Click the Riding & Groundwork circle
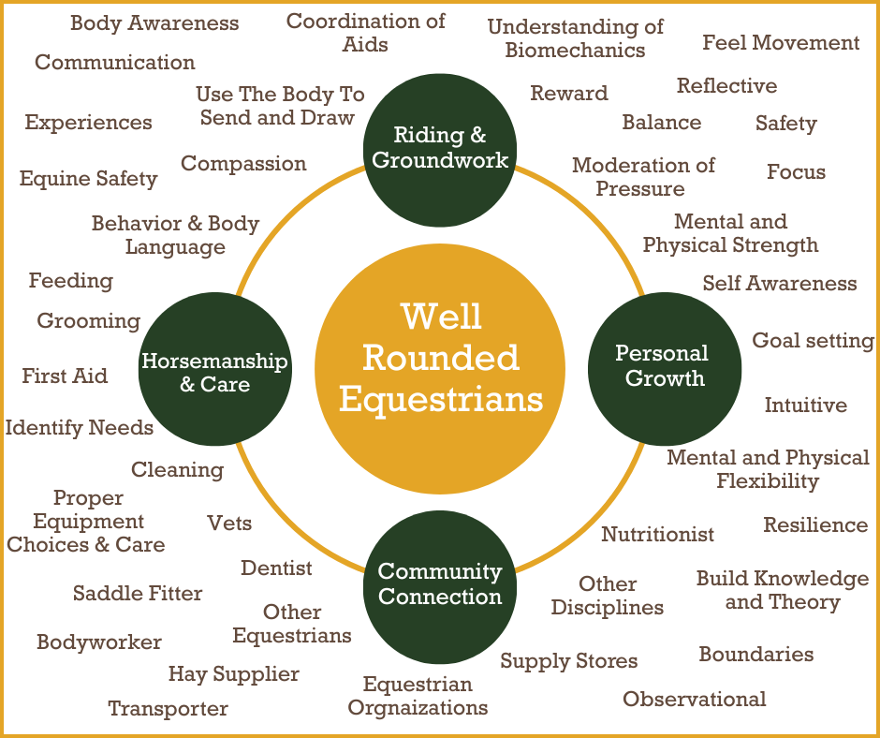tap(440, 147)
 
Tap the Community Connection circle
tap(440, 584)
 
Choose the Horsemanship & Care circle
tap(214, 372)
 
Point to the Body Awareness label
tap(154, 22)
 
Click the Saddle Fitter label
tap(138, 593)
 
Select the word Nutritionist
tap(657, 535)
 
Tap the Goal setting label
tap(813, 340)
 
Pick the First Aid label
tap(65, 376)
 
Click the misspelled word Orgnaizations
tap(418, 707)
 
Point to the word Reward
tap(568, 93)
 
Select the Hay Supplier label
tap(234, 674)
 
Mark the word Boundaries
tap(755, 654)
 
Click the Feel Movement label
tap(781, 42)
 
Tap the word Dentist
tap(276, 568)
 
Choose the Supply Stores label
tap(568, 661)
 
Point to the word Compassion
tap(243, 163)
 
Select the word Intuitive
tap(805, 406)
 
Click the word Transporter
tap(168, 708)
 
